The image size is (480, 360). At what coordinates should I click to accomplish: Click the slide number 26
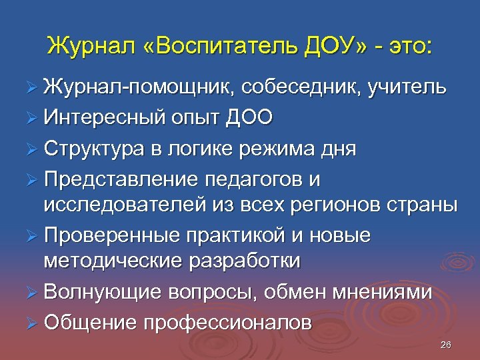pyautogui.click(x=446, y=345)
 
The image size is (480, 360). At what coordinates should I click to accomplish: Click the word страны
pyautogui.click(x=424, y=205)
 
